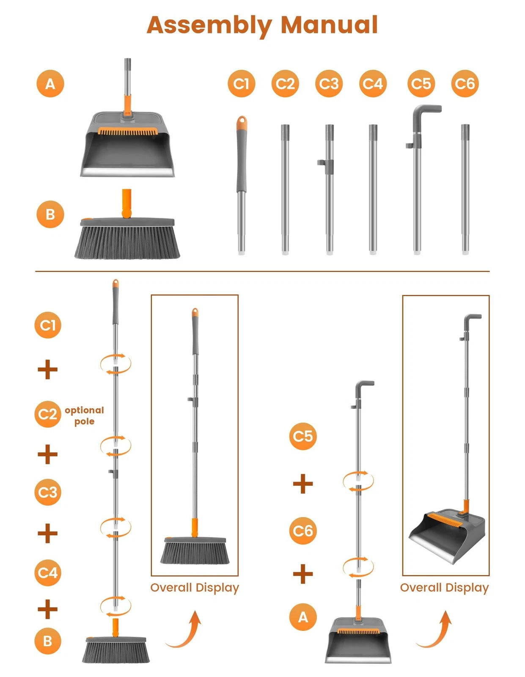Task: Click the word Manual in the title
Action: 329,25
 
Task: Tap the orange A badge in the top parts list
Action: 50,84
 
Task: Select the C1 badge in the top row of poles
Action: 241,84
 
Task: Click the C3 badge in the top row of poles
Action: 329,84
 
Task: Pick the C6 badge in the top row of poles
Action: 465,84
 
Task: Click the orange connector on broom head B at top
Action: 126,204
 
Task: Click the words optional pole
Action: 84,416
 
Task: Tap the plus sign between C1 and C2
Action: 47,370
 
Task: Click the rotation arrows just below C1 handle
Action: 115,364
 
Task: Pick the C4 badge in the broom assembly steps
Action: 47,572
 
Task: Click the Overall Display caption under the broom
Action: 195,588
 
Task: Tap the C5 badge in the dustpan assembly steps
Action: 303,436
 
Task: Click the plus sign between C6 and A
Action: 303,574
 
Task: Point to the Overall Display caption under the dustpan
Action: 444,588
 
